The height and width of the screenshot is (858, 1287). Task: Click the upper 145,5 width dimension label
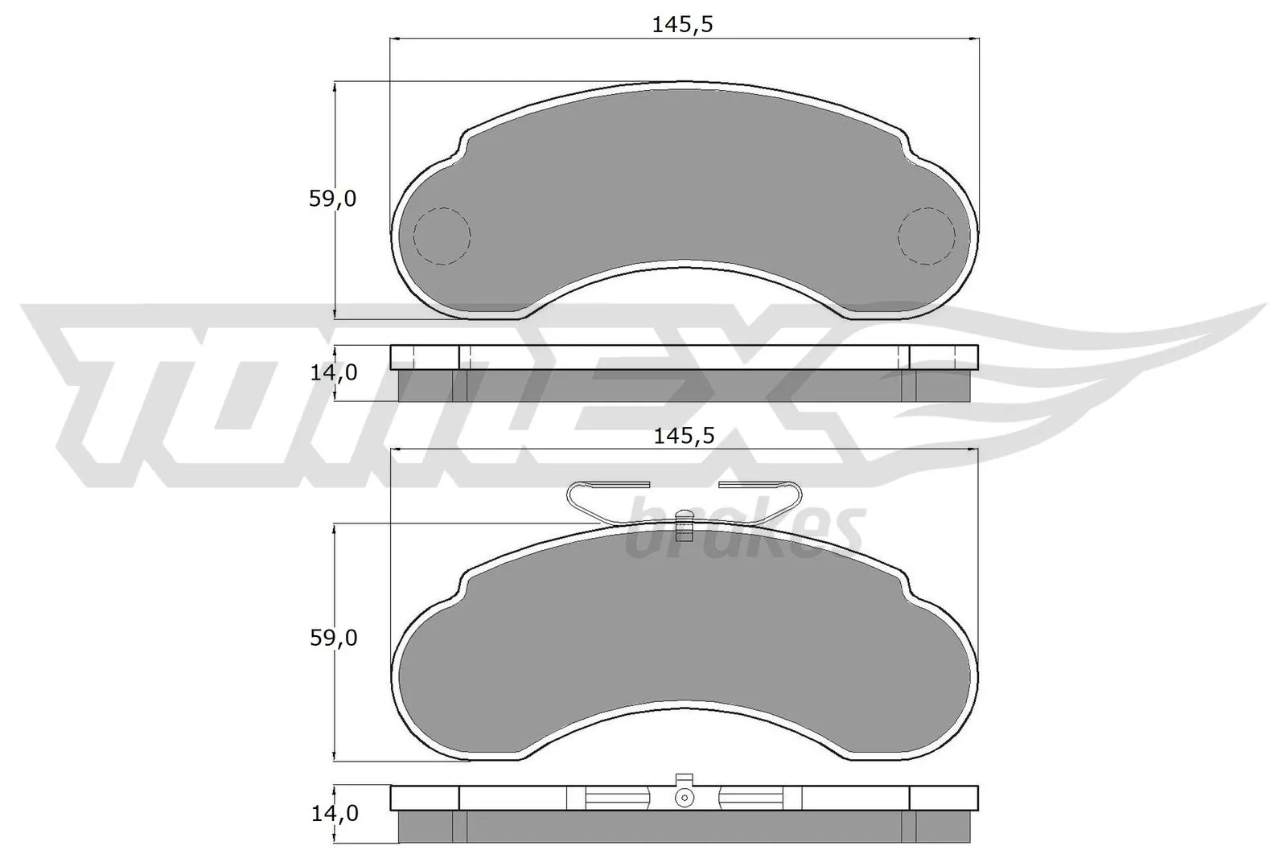pyautogui.click(x=683, y=25)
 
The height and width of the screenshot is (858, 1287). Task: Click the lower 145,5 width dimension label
pyautogui.click(x=683, y=437)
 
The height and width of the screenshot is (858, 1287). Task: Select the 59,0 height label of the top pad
pyautogui.click(x=332, y=199)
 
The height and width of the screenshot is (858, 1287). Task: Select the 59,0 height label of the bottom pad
pyautogui.click(x=332, y=638)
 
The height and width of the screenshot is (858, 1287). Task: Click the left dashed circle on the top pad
pyautogui.click(x=441, y=236)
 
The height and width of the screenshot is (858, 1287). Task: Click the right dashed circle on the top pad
pyautogui.click(x=926, y=236)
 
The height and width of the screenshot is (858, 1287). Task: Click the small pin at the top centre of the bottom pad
pyautogui.click(x=684, y=524)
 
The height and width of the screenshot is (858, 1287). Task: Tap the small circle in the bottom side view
pyautogui.click(x=684, y=797)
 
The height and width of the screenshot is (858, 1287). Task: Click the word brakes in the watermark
pyautogui.click(x=744, y=532)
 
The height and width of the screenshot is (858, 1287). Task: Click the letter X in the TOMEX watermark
pyautogui.click(x=772, y=394)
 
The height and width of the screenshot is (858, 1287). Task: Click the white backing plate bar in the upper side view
pyautogui.click(x=684, y=357)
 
